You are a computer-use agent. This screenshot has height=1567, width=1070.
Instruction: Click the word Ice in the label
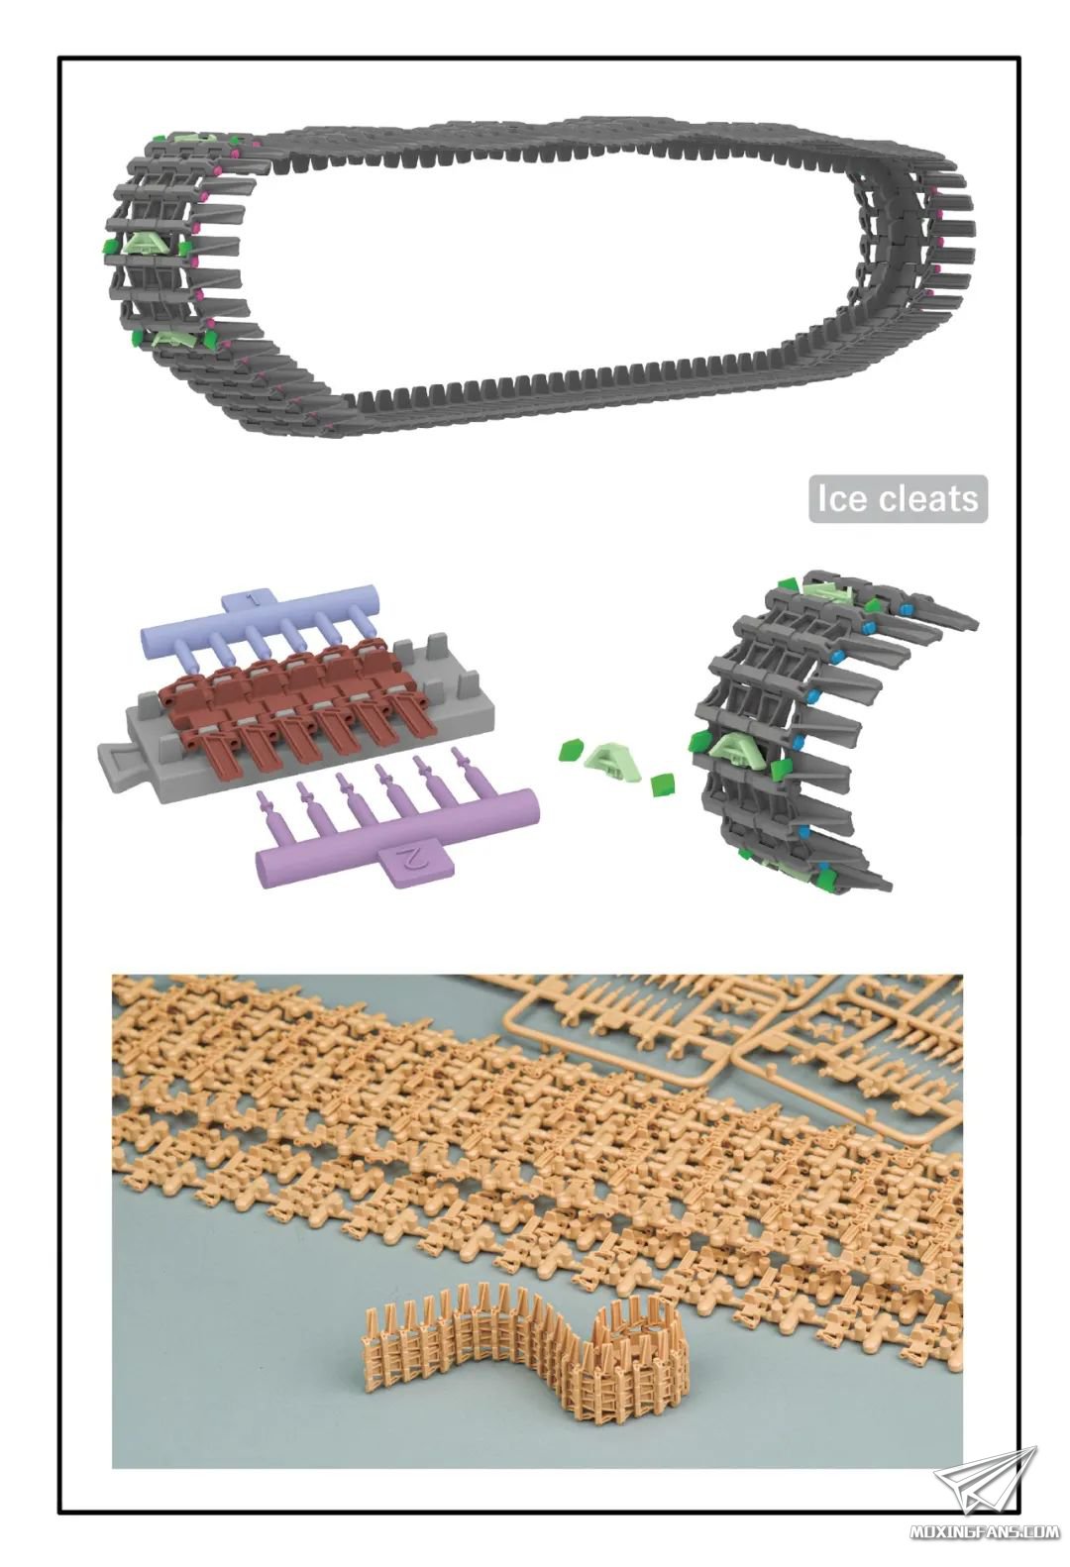pyautogui.click(x=842, y=499)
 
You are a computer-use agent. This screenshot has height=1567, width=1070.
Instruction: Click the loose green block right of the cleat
pyautogui.click(x=662, y=784)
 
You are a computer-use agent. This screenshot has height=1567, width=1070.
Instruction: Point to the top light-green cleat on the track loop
pyautogui.click(x=191, y=142)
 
